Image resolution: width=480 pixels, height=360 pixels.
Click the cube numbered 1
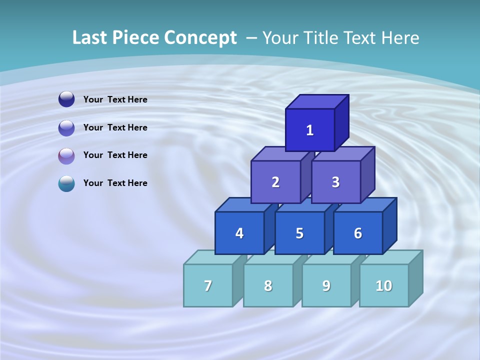(310, 130)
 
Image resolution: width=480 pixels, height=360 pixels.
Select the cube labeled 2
(275, 182)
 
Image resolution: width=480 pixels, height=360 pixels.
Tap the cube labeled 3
(335, 182)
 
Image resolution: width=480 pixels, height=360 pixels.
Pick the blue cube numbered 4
(239, 233)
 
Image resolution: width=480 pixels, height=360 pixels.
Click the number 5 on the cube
(299, 233)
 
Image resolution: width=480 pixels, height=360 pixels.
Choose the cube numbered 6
(358, 233)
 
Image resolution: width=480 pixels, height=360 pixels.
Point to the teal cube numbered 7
(208, 285)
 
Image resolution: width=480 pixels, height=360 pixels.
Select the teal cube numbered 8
(268, 285)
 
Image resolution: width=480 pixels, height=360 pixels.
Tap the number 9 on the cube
(326, 285)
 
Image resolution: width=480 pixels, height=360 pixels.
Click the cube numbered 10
(384, 285)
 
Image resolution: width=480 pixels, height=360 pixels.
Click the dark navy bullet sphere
(66, 99)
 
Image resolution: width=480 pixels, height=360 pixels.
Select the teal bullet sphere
(66, 183)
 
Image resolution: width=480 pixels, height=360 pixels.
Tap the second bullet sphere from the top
(66, 128)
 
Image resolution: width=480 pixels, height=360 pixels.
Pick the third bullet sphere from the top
(66, 155)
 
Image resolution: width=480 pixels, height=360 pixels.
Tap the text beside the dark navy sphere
(115, 99)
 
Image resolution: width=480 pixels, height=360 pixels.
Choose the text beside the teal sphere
(115, 183)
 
